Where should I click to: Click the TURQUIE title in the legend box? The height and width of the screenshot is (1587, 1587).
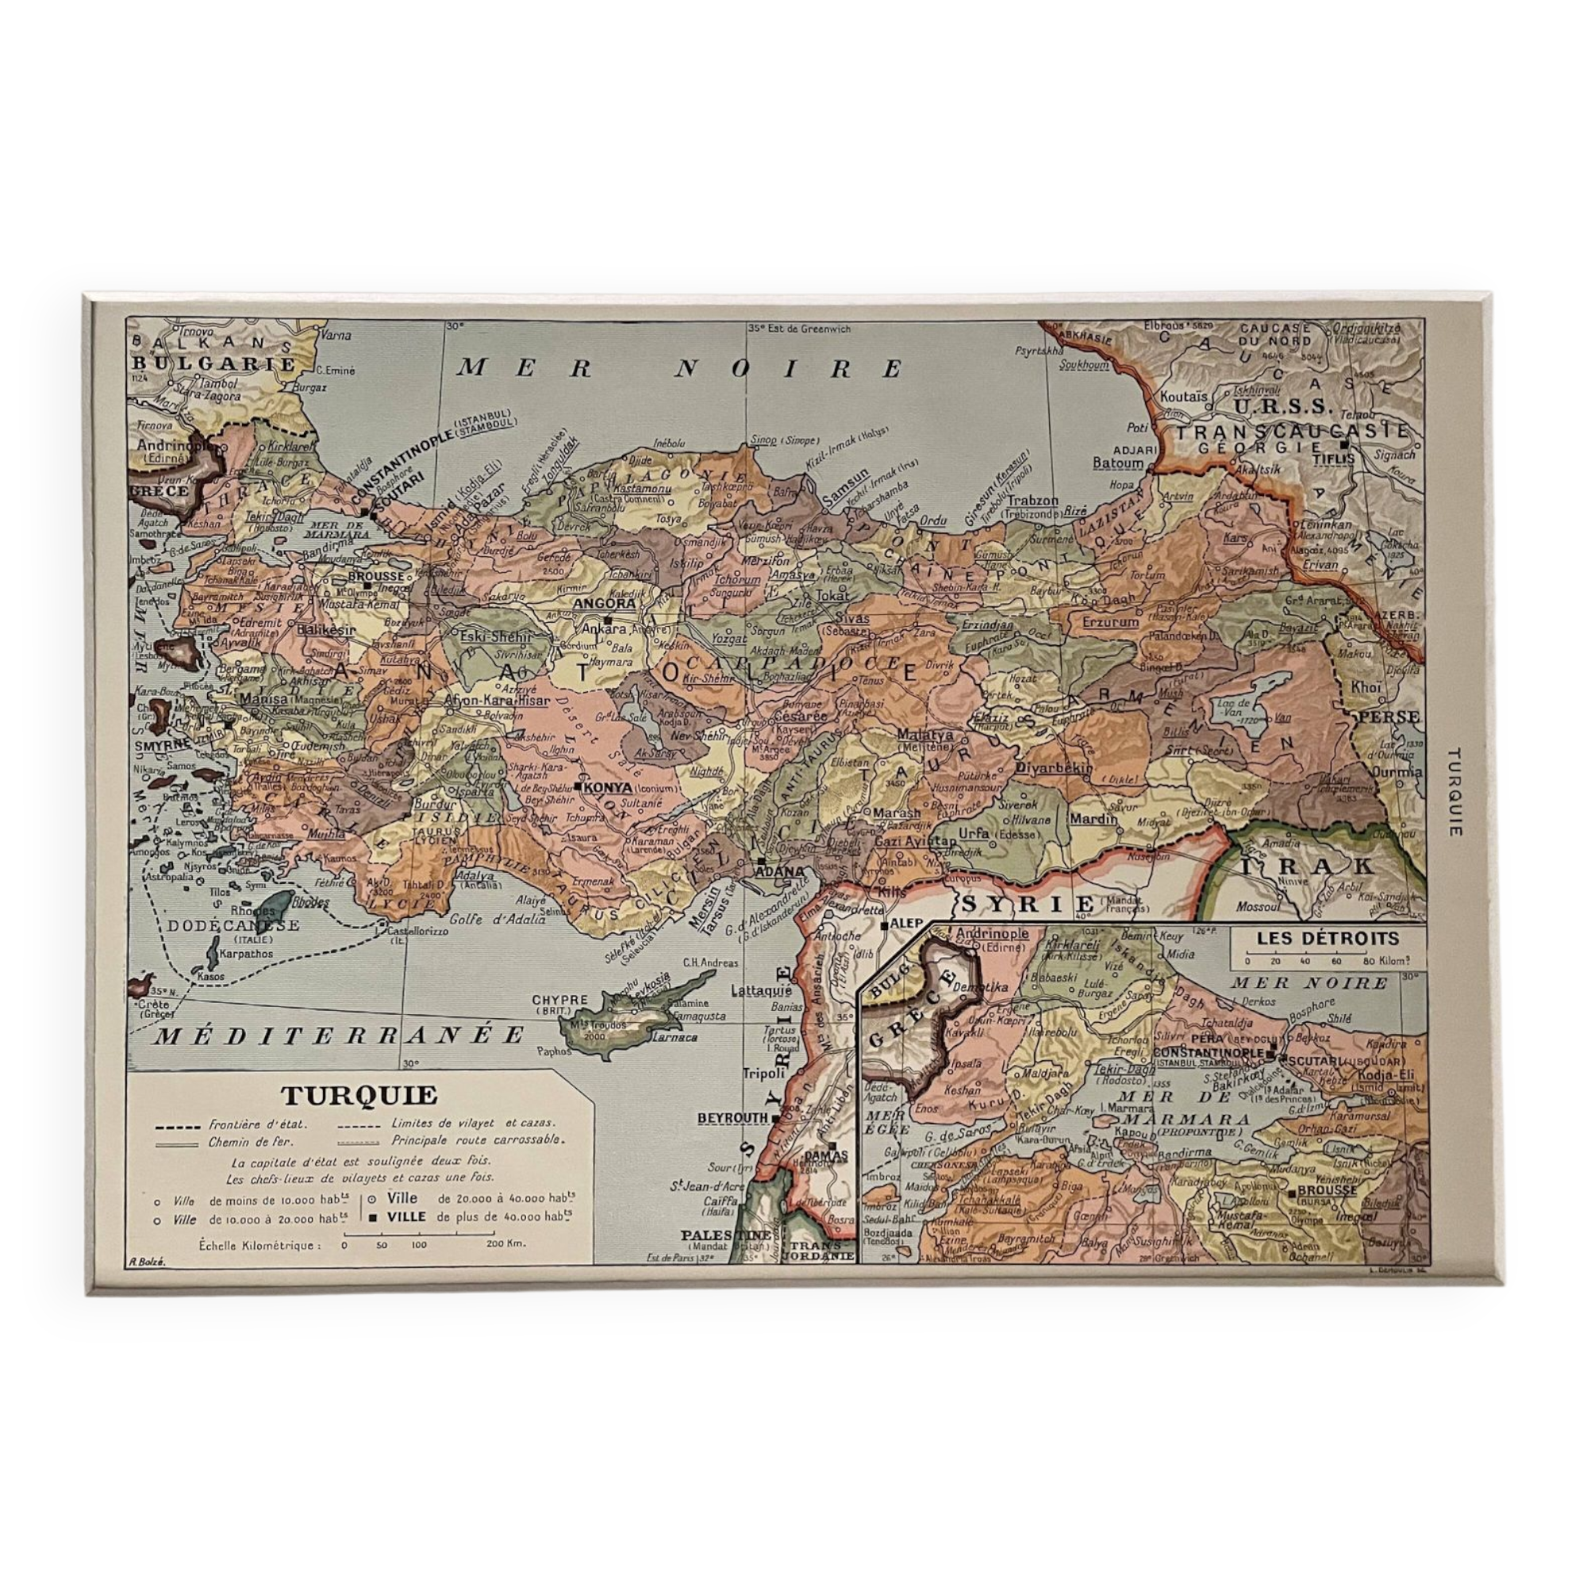(359, 1096)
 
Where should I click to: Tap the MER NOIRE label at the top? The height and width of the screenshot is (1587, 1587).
(680, 369)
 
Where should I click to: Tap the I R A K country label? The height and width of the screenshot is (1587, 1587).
(1306, 867)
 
